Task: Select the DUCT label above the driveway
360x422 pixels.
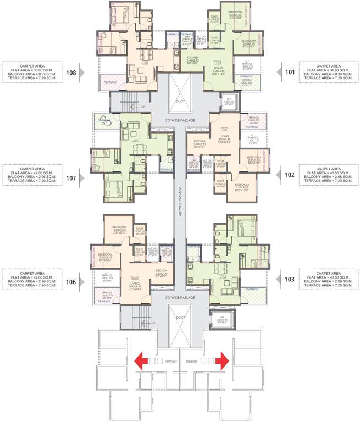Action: [x=180, y=318]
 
